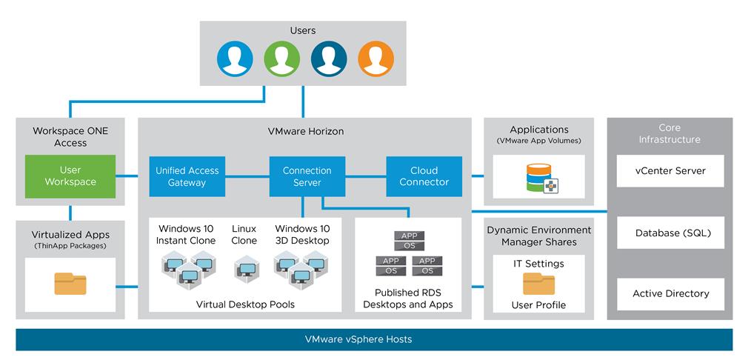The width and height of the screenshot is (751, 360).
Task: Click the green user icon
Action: coord(282,58)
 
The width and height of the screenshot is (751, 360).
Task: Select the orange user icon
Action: coord(376,58)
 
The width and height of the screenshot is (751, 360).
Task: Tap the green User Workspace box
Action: coord(70,176)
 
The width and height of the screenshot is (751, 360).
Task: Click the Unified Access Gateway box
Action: coord(187,176)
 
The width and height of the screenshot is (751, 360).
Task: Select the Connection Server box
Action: coord(307,176)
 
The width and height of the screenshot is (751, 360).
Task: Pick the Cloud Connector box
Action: coord(424,176)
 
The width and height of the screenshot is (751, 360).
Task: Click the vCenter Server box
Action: coord(670,170)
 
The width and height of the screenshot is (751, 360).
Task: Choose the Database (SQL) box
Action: coord(670,233)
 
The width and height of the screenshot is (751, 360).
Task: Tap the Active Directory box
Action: coord(670,293)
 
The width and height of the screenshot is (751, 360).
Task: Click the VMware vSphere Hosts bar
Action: coord(374,339)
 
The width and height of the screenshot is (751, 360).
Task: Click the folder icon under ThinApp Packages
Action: coord(70,284)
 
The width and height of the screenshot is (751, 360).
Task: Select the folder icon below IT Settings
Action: coord(538,283)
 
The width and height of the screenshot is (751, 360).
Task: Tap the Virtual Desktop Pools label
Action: coord(245,304)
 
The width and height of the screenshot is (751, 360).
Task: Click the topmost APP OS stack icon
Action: coord(409,240)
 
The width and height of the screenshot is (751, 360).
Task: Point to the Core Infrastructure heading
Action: coord(670,133)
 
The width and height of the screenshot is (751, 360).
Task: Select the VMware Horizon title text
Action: coord(305,131)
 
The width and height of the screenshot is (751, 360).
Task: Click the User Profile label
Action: coord(538,305)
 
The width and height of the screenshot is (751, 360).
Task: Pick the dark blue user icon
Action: coord(329,58)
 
